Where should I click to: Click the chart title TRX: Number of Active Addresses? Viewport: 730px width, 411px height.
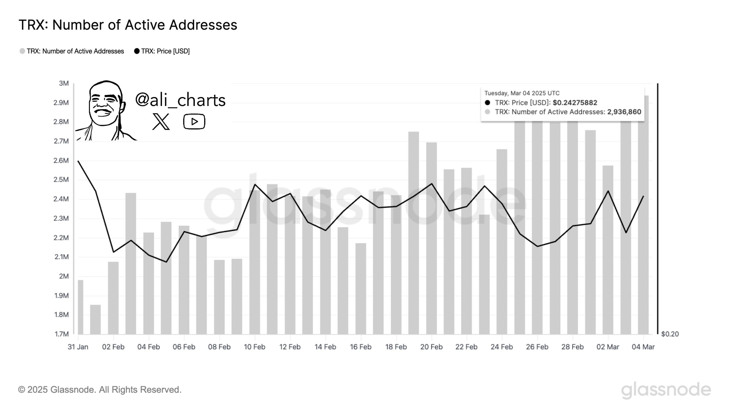click(x=128, y=25)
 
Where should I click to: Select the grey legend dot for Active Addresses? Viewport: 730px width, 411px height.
click(x=22, y=51)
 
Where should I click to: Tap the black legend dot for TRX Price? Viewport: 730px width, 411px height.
click(x=137, y=51)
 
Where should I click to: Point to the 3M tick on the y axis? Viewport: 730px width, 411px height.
click(x=64, y=83)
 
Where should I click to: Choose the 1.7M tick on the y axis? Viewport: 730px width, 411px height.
click(x=62, y=334)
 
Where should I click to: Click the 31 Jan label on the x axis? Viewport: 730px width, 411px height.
click(x=78, y=347)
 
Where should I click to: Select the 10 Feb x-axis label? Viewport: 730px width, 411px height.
click(x=255, y=347)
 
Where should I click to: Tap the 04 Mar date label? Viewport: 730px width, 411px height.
click(x=643, y=347)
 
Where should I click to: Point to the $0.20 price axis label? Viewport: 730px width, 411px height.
click(x=670, y=334)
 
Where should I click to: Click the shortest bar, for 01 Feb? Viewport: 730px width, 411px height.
click(x=96, y=319)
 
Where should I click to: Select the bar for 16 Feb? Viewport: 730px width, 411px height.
click(x=361, y=288)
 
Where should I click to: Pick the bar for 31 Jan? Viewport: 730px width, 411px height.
click(x=80, y=307)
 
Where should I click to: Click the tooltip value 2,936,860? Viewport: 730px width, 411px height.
click(x=624, y=112)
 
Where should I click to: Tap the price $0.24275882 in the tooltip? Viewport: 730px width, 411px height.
click(x=575, y=103)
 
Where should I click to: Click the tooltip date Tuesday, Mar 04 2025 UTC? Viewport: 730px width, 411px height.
click(x=522, y=93)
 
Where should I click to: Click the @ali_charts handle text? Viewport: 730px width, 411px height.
click(x=180, y=100)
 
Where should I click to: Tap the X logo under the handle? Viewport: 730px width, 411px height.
click(x=161, y=122)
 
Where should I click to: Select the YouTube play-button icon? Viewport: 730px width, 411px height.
click(x=194, y=122)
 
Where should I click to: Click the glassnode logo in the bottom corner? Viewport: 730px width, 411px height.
click(x=666, y=390)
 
